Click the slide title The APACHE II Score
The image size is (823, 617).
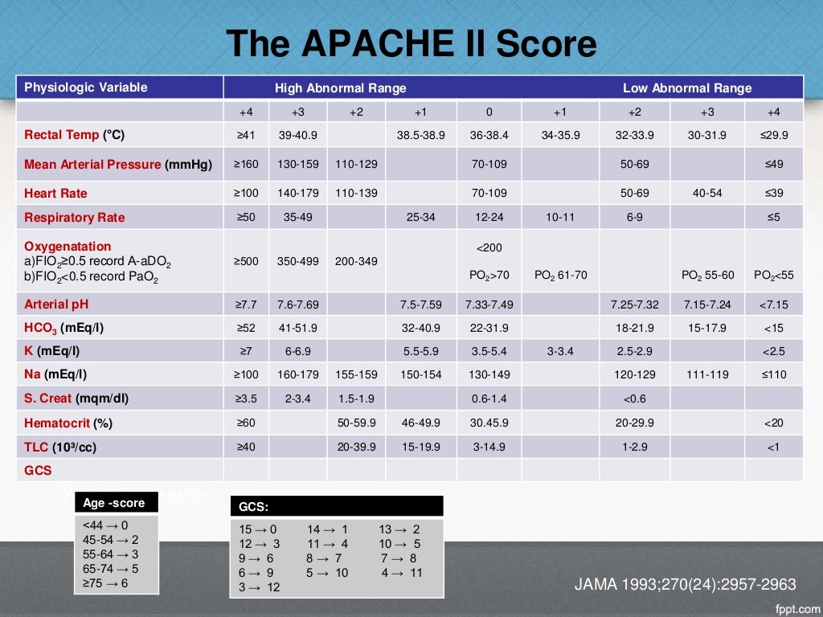click(x=411, y=43)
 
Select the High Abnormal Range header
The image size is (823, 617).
click(x=341, y=88)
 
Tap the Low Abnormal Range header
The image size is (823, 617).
click(x=687, y=88)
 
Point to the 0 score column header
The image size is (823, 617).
click(x=489, y=112)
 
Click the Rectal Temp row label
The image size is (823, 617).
click(x=75, y=135)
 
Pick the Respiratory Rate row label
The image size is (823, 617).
click(x=75, y=217)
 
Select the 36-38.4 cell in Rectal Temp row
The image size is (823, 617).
click(x=489, y=135)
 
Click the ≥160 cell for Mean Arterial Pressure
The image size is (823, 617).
click(x=246, y=164)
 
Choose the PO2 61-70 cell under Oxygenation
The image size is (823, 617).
click(x=560, y=275)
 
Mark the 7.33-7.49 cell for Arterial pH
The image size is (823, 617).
click(x=489, y=304)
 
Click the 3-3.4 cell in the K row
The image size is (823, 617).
click(x=560, y=351)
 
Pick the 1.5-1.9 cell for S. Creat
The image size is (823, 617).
click(x=355, y=398)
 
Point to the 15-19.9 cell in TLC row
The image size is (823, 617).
click(x=420, y=447)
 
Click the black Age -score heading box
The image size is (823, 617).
click(x=116, y=503)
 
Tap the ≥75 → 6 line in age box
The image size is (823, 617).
click(x=105, y=583)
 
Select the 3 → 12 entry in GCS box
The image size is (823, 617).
click(x=260, y=587)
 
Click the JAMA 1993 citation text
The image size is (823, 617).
click(x=685, y=584)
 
